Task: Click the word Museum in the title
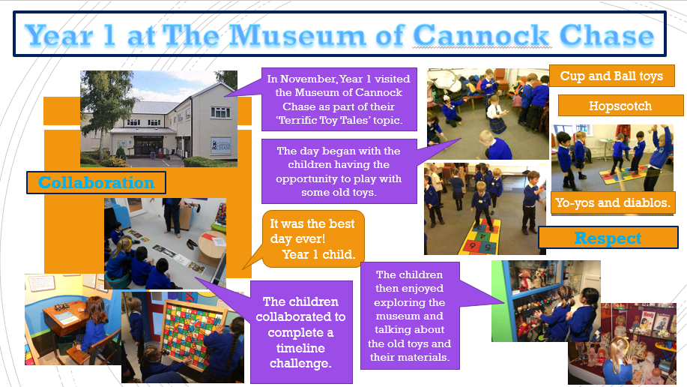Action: [298, 35]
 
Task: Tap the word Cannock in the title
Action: [481, 35]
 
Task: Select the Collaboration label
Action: [96, 182]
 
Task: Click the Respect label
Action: [608, 238]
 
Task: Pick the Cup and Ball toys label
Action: [611, 76]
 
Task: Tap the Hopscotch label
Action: [620, 106]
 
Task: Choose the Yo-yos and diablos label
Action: [613, 202]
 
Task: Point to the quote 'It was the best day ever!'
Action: [312, 231]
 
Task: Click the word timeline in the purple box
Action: [300, 348]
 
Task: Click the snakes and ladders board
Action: [193, 331]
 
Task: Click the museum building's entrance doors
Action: [147, 147]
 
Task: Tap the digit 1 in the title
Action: [109, 35]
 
